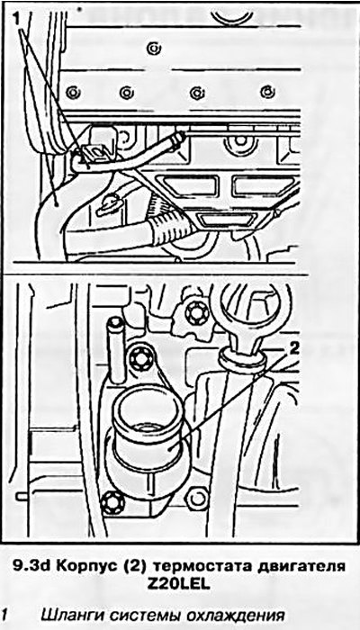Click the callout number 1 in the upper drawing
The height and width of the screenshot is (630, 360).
pyautogui.click(x=16, y=19)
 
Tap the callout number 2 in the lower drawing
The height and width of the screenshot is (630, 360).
pyautogui.click(x=294, y=348)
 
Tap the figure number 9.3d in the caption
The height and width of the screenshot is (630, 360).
pyautogui.click(x=32, y=566)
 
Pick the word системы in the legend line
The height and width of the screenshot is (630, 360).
pyautogui.click(x=143, y=616)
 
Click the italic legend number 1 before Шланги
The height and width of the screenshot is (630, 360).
pyautogui.click(x=4, y=615)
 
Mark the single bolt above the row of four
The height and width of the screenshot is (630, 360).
pyautogui.click(x=153, y=49)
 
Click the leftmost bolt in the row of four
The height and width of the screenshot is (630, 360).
pyautogui.click(x=72, y=93)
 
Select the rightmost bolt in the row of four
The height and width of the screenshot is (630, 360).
pyautogui.click(x=267, y=92)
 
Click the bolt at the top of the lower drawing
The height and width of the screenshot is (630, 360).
pyautogui.click(x=197, y=313)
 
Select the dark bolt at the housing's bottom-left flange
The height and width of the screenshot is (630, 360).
pyautogui.click(x=113, y=502)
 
